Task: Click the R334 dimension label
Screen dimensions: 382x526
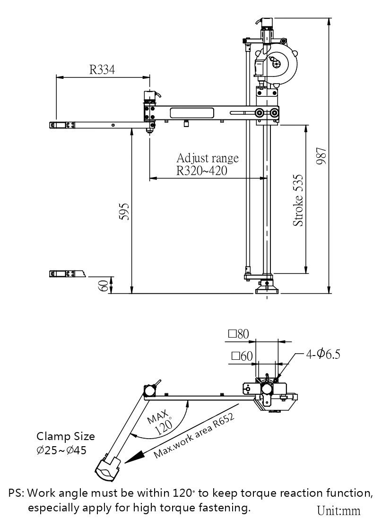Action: pyautogui.click(x=102, y=69)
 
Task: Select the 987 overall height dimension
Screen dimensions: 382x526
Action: pyautogui.click(x=321, y=156)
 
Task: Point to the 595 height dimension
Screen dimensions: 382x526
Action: pyautogui.click(x=124, y=211)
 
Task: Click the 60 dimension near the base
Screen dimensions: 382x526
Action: pyautogui.click(x=104, y=286)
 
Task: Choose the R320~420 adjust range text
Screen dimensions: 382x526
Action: pyautogui.click(x=201, y=171)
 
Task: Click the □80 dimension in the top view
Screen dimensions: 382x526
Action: pyautogui.click(x=238, y=334)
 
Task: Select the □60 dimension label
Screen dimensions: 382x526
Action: pyautogui.click(x=242, y=356)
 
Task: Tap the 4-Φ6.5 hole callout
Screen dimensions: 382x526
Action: pyautogui.click(x=323, y=354)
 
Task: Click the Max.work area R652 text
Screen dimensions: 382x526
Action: pyautogui.click(x=194, y=435)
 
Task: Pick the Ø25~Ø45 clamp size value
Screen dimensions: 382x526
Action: pyautogui.click(x=61, y=450)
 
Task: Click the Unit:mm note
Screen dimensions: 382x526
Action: pyautogui.click(x=339, y=510)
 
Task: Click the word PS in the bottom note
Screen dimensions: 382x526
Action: pyautogui.click(x=15, y=493)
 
